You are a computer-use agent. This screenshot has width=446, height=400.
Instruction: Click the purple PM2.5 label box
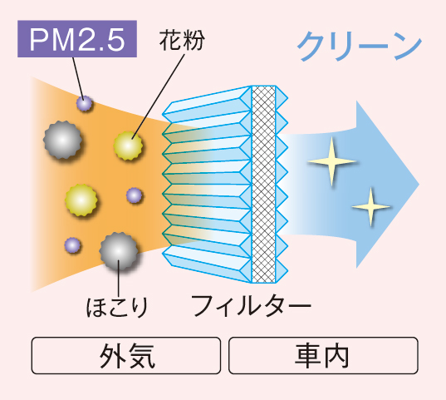[77, 39]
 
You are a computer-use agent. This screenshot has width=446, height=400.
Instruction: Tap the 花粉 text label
[182, 40]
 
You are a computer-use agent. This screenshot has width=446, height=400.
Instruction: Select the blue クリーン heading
[360, 46]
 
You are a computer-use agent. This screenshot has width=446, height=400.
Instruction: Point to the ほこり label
[117, 307]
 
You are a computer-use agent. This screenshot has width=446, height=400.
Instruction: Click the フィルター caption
[251, 306]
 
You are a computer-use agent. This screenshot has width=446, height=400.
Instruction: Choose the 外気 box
[126, 355]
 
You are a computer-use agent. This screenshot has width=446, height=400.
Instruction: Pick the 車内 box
[323, 355]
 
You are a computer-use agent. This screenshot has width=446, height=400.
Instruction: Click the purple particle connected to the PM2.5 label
[85, 103]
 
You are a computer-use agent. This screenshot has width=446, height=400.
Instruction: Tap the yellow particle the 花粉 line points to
[128, 146]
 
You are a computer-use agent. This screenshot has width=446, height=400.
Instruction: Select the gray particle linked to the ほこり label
[119, 251]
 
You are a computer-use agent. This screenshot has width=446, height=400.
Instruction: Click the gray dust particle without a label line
[62, 140]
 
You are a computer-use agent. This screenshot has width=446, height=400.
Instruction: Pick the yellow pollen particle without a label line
[81, 200]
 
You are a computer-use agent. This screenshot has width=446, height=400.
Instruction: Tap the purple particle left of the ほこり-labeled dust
[72, 245]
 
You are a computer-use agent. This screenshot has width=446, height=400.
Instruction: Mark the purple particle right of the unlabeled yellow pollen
[134, 195]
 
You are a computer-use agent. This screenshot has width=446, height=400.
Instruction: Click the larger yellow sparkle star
[331, 161]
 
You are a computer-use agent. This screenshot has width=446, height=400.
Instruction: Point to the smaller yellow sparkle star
[370, 206]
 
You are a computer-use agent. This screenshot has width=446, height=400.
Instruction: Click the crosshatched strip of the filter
[263, 185]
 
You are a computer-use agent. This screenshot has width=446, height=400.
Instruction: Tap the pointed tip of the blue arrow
[419, 185]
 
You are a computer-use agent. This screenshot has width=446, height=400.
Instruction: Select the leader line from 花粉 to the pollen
[158, 96]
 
